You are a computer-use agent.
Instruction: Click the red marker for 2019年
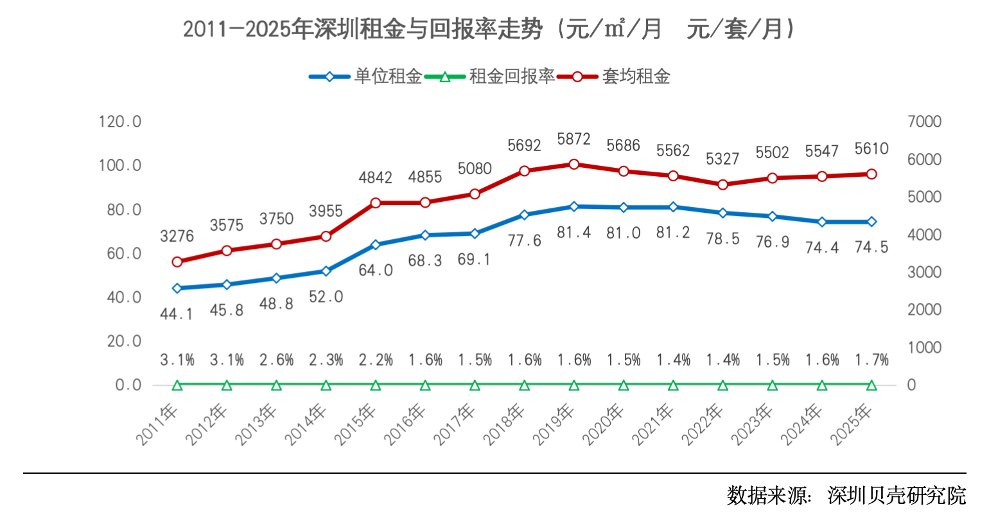(x=574, y=165)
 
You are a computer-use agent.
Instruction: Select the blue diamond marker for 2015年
(x=376, y=245)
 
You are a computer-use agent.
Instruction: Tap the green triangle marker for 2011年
(x=177, y=386)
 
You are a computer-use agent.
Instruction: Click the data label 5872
(x=574, y=139)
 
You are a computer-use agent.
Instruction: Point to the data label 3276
(x=177, y=237)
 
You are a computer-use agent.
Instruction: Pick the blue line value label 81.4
(x=574, y=232)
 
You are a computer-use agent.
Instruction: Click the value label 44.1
(x=177, y=314)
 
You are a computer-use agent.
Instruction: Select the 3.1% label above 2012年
(x=227, y=360)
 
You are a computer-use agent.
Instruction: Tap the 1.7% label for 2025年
(x=871, y=360)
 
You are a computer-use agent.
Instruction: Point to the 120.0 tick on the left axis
(x=120, y=122)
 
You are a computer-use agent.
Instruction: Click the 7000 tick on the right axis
(x=924, y=122)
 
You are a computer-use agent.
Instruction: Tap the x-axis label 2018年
(x=505, y=424)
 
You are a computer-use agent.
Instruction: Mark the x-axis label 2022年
(x=703, y=424)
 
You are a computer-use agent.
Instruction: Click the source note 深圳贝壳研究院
(x=897, y=496)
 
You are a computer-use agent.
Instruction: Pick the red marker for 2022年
(x=723, y=184)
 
